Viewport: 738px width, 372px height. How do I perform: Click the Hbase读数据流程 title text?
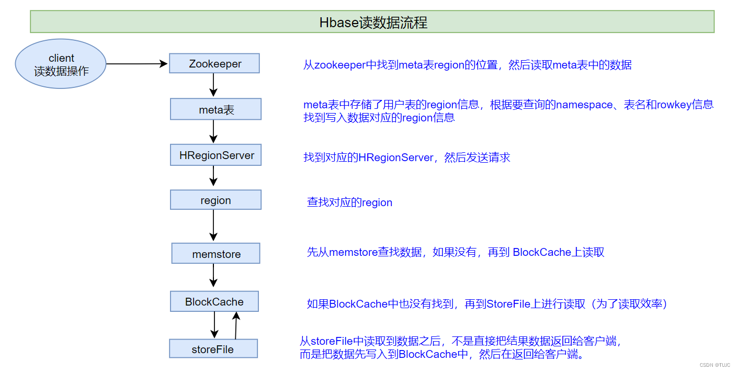pos(373,22)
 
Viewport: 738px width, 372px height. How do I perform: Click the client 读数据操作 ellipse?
pos(61,64)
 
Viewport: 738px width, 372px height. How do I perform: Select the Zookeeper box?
pos(214,64)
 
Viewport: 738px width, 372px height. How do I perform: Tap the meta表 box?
pos(215,110)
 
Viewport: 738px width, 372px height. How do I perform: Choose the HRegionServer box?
pos(216,156)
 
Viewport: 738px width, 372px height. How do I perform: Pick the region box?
pos(215,200)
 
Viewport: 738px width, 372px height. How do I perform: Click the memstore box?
pos(216,254)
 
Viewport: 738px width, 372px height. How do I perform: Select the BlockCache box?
pos(214,302)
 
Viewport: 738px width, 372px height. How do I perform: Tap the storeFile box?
pos(213,349)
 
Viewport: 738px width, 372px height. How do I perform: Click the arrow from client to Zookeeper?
pos(137,64)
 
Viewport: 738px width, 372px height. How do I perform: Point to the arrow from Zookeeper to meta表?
pos(213,85)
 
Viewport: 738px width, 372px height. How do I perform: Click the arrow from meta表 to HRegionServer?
pos(213,131)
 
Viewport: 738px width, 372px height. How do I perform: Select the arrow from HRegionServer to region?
pos(213,175)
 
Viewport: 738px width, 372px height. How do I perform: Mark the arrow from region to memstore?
pos(213,225)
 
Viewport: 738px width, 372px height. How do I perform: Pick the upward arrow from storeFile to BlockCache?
pos(236,325)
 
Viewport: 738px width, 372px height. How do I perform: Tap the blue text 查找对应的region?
pos(349,202)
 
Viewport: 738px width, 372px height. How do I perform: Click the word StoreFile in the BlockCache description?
pos(508,304)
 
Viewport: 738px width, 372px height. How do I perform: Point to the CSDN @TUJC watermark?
pos(714,365)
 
